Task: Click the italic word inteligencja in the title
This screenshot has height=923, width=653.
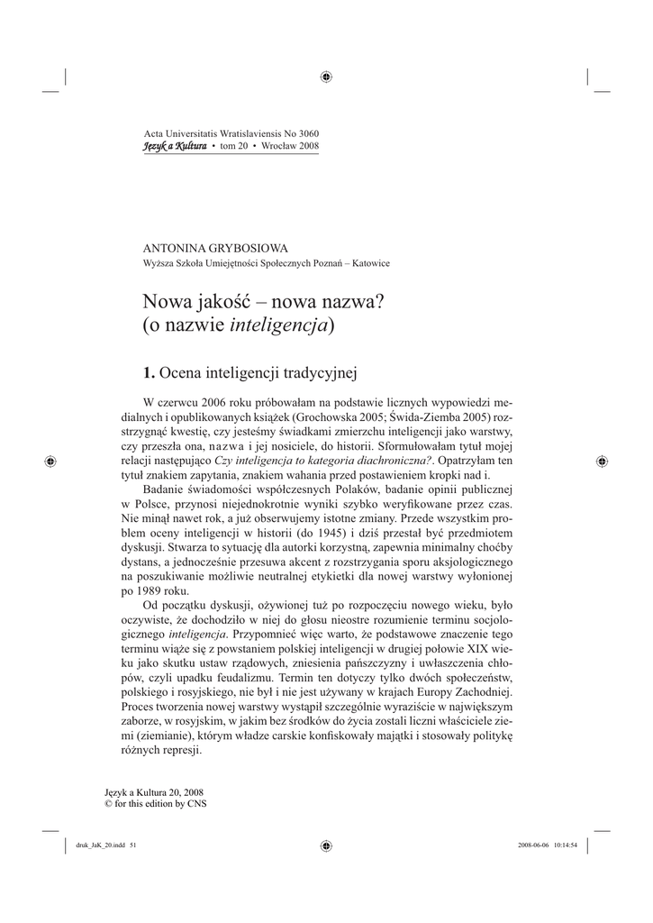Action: click(x=280, y=325)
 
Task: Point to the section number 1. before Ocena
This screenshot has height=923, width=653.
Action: click(x=150, y=370)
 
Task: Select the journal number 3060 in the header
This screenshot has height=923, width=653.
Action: click(x=304, y=133)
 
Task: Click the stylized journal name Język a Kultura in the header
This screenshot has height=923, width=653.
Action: click(x=176, y=146)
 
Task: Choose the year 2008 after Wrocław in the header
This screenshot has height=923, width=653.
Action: click(x=305, y=146)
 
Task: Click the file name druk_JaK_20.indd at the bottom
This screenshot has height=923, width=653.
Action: click(x=95, y=845)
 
